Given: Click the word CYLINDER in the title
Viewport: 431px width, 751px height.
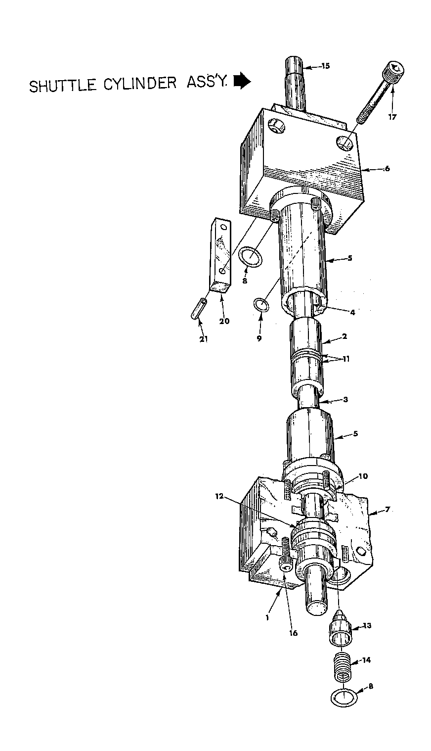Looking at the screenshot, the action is pyautogui.click(x=140, y=83).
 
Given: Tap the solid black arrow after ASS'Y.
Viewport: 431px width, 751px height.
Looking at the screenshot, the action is pyautogui.click(x=243, y=82).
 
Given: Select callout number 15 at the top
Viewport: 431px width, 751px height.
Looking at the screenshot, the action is pyautogui.click(x=326, y=66).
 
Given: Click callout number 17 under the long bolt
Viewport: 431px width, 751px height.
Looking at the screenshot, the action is pyautogui.click(x=392, y=117).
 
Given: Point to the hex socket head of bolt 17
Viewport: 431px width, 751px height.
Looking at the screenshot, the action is pyautogui.click(x=395, y=71).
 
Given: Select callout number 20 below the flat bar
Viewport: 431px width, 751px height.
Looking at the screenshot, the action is pyautogui.click(x=224, y=321).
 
